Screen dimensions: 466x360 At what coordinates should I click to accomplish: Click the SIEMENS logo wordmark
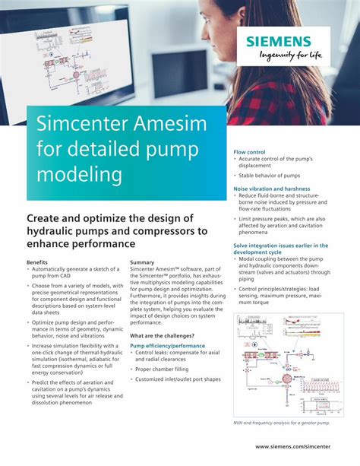[279, 42]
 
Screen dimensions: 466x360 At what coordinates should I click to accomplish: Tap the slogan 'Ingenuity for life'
[279, 55]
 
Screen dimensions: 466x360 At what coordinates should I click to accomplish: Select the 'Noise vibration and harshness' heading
[271, 188]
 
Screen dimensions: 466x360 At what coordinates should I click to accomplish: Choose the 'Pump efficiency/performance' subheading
[167, 345]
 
